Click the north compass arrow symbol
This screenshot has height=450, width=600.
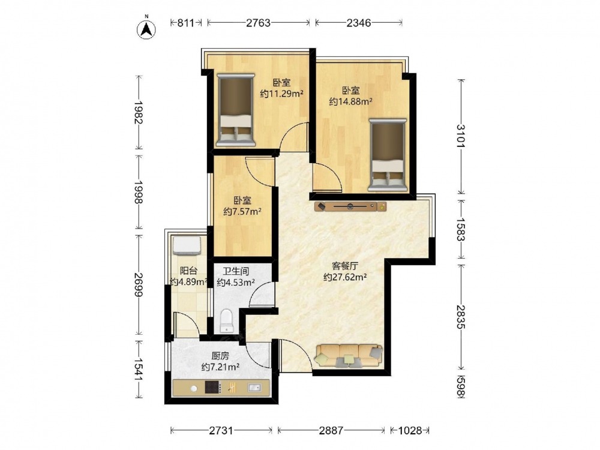(x=146, y=29)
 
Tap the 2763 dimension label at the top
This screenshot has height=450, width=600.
(x=258, y=23)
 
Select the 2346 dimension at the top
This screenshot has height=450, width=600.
(x=359, y=23)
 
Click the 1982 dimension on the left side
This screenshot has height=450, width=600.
(x=139, y=113)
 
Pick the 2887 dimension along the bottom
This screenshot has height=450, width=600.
(x=331, y=430)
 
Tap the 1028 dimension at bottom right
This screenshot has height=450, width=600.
(x=410, y=430)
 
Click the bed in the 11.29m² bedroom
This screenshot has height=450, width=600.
(x=236, y=110)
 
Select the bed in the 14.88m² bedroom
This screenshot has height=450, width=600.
(x=387, y=155)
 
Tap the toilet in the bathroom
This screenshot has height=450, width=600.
(x=227, y=321)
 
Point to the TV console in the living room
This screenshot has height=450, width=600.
(x=350, y=206)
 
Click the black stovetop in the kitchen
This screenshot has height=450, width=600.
(x=213, y=388)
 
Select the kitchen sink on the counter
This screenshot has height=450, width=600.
(x=254, y=388)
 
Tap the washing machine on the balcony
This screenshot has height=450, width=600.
(x=187, y=245)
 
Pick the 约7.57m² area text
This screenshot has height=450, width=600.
(x=242, y=211)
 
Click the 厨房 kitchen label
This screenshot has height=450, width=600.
(x=220, y=356)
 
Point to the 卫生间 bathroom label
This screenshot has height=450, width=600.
(x=236, y=272)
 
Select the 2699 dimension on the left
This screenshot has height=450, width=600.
(x=139, y=284)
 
